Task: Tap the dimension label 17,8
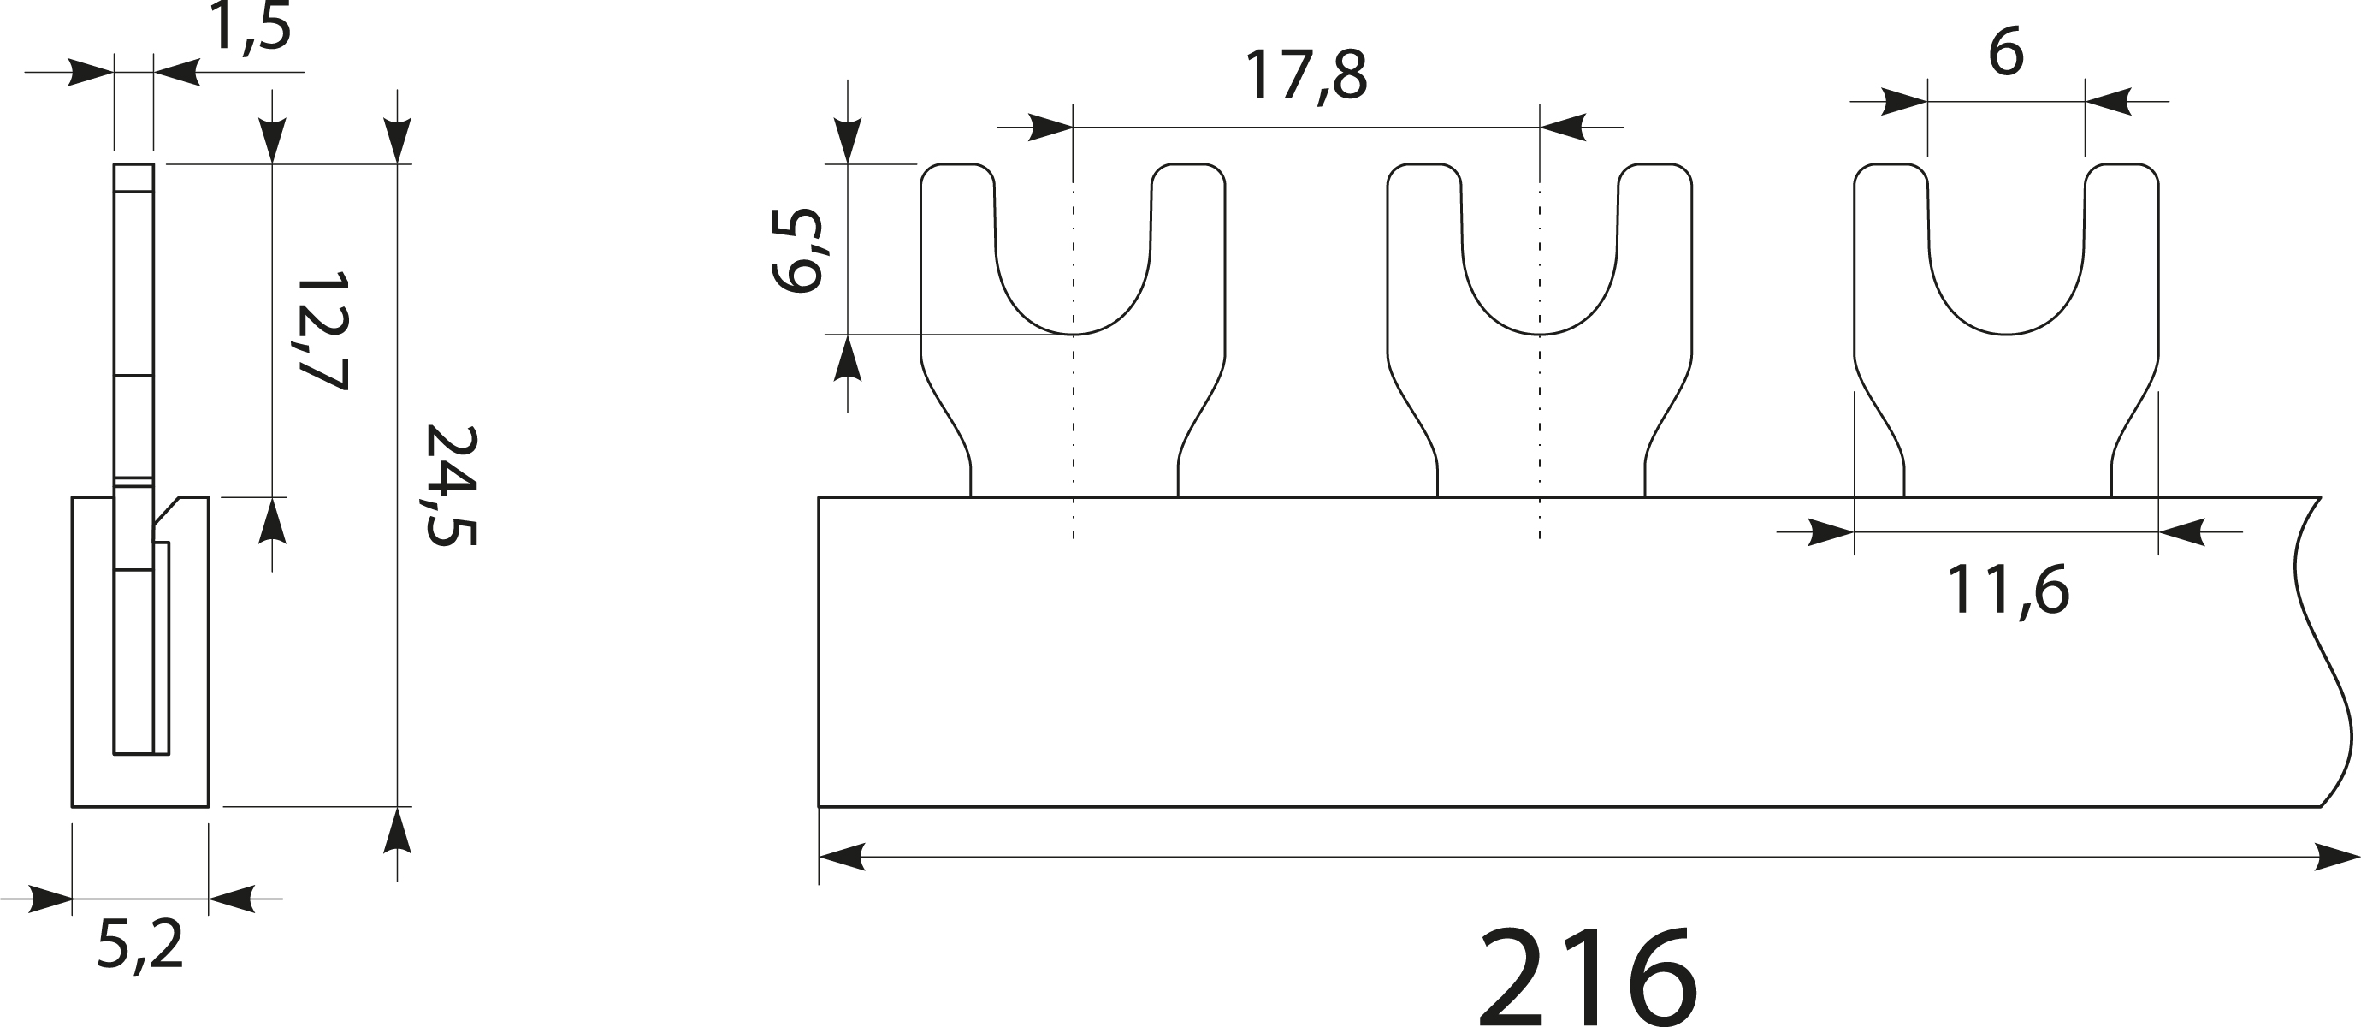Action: point(1305,76)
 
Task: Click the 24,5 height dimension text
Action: point(451,485)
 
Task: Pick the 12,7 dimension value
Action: point(322,331)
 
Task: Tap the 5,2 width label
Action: point(140,946)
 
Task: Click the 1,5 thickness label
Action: point(249,27)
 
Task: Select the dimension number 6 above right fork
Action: point(2005,53)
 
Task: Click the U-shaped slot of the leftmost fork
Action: point(1073,275)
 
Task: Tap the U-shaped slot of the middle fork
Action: point(1540,275)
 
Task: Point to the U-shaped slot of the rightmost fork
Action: point(2006,275)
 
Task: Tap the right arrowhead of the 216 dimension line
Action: point(2337,858)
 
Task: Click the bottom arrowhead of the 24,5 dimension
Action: point(397,830)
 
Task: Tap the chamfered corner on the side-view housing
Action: point(167,511)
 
